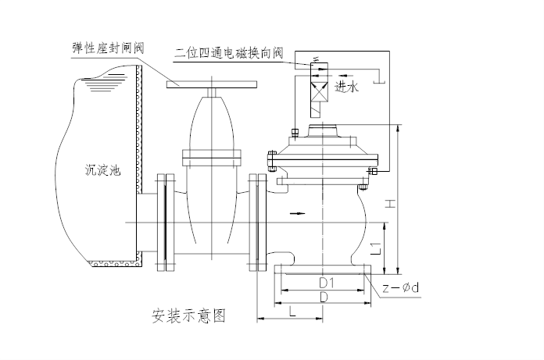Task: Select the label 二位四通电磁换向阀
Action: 228,54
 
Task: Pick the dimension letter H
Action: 391,205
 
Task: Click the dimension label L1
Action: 375,249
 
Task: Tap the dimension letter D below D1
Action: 324,298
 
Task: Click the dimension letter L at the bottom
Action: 291,312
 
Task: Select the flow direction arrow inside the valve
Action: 297,212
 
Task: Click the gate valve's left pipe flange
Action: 165,223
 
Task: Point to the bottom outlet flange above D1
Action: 324,270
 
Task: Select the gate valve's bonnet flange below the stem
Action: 211,154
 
